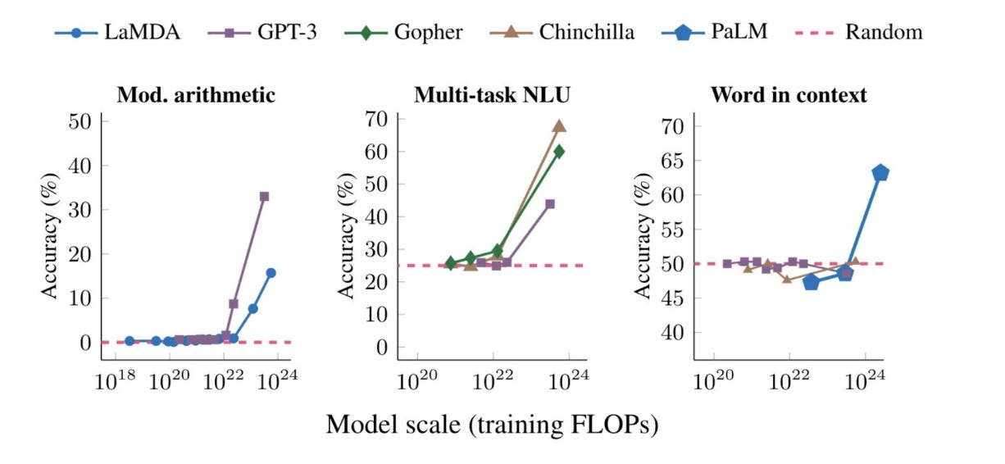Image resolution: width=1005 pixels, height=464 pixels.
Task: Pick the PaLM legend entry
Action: (712, 33)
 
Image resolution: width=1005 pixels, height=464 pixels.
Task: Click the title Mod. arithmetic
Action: (196, 95)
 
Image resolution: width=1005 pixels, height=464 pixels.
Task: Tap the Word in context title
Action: (788, 95)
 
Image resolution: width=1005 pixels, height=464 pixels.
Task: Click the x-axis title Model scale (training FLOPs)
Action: (492, 424)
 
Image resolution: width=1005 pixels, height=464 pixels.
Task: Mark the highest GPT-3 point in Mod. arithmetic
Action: (264, 197)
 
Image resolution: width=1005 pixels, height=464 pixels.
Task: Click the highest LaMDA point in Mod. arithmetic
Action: (271, 273)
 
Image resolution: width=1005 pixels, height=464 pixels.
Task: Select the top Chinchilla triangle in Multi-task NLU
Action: (559, 126)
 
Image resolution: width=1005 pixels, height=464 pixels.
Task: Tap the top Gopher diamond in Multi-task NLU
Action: (559, 152)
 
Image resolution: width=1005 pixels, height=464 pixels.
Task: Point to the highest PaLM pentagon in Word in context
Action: (880, 173)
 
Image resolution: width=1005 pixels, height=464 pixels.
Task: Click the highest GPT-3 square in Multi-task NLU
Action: (550, 204)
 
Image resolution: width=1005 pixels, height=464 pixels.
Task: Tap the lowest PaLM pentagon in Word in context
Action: (812, 282)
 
